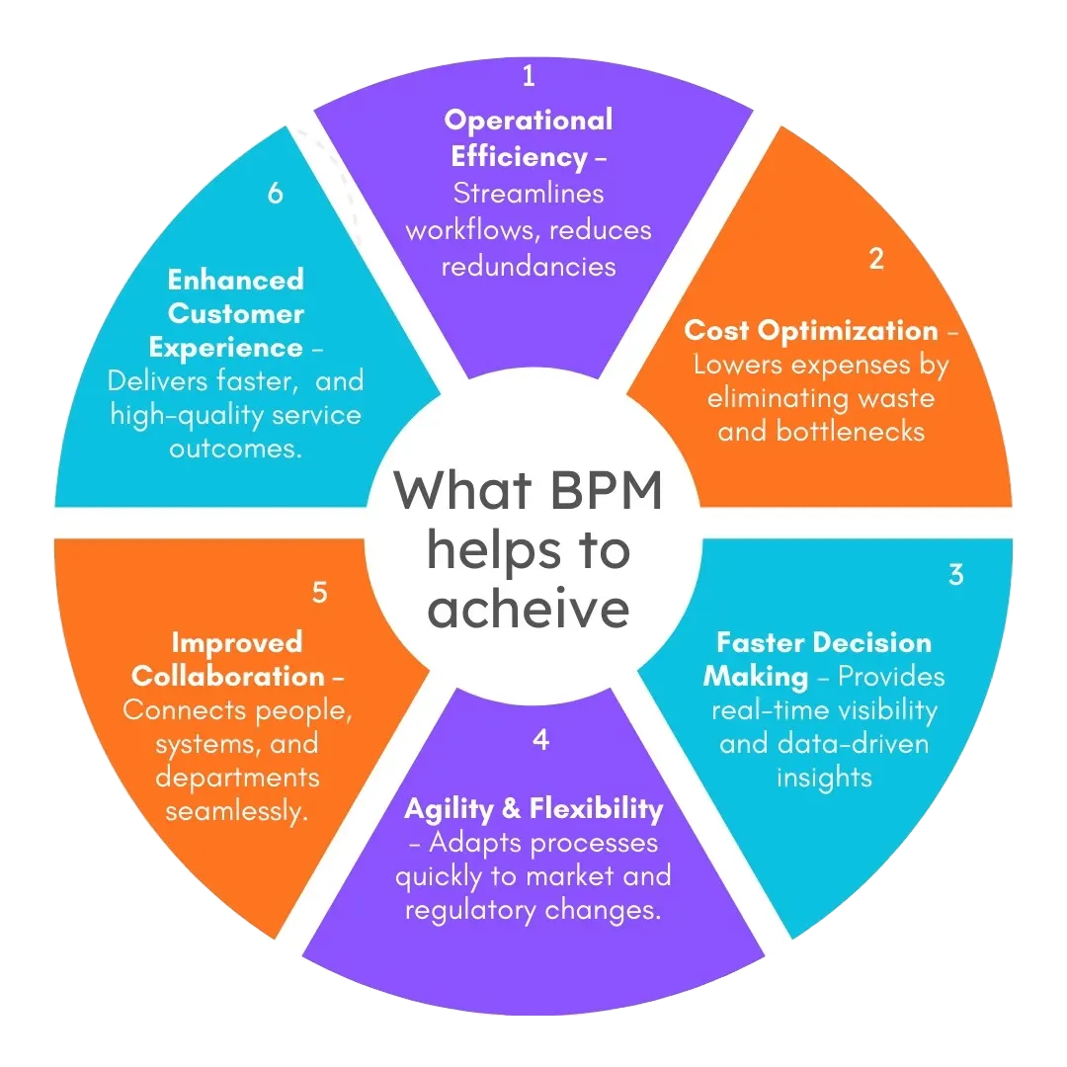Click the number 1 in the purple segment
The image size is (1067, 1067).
pyautogui.click(x=528, y=75)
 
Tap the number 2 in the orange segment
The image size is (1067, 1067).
pyautogui.click(x=875, y=259)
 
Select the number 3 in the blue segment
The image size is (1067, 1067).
pyautogui.click(x=955, y=574)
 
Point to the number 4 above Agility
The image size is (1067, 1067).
pyautogui.click(x=539, y=739)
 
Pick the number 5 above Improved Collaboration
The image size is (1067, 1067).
pyautogui.click(x=319, y=592)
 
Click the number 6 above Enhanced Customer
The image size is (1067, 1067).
pyautogui.click(x=275, y=194)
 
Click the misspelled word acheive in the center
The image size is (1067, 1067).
pyautogui.click(x=529, y=607)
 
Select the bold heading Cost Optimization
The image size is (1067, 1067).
pyautogui.click(x=810, y=330)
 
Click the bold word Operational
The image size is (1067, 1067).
pyautogui.click(x=529, y=121)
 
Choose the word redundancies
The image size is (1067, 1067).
pyautogui.click(x=529, y=266)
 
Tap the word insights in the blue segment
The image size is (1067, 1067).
pyautogui.click(x=823, y=777)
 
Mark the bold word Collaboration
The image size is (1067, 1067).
pyautogui.click(x=227, y=677)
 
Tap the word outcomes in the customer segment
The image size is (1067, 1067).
pyautogui.click(x=235, y=448)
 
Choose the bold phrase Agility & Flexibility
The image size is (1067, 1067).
pyautogui.click(x=533, y=808)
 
